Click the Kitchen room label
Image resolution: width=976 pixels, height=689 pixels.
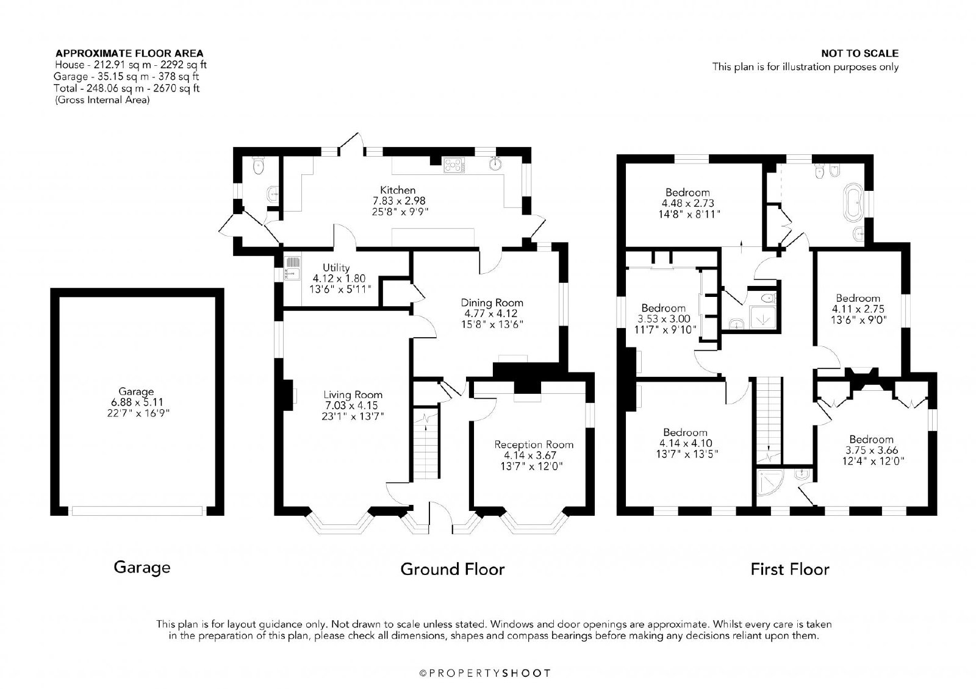398,190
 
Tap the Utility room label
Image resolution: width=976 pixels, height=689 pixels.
336,268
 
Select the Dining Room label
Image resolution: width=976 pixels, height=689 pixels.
492,302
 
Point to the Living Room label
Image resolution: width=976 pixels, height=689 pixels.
353,394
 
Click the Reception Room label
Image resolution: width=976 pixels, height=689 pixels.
534,444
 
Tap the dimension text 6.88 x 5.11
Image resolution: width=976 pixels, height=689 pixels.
137,402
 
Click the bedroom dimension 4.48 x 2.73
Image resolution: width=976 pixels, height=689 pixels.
688,203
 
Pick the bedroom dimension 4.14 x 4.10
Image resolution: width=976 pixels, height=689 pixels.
686,443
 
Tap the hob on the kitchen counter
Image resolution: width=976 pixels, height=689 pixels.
454,165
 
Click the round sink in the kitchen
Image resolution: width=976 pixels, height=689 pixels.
496,164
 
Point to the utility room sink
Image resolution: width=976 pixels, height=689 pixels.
292,268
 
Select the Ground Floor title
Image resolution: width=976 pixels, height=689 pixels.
452,569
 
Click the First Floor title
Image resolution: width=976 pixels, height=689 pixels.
789,569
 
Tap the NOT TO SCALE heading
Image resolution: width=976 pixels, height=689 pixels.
859,54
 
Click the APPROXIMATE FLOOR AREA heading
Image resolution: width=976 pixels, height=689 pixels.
129,54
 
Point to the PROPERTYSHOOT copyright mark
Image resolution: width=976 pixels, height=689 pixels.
485,673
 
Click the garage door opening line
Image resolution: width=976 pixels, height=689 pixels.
137,510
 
